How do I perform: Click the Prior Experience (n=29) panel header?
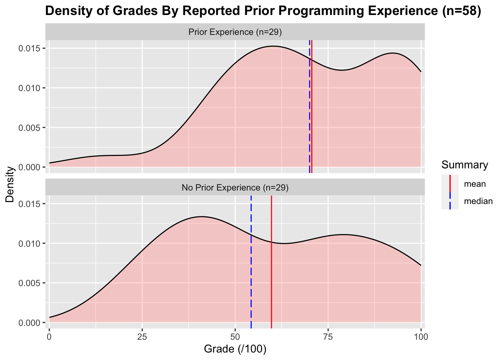(x=235, y=32)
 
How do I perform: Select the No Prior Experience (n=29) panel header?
(x=235, y=187)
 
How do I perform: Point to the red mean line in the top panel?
(x=312, y=112)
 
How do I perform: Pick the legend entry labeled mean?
(x=474, y=184)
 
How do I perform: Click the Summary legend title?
(x=465, y=165)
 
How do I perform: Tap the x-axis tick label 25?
(x=142, y=336)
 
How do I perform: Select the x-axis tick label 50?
(x=235, y=336)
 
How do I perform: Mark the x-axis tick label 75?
(x=328, y=336)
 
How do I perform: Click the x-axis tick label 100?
(x=420, y=336)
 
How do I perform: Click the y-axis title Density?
(x=10, y=184)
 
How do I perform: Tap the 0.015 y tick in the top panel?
(x=30, y=48)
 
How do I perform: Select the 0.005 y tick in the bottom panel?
(x=30, y=283)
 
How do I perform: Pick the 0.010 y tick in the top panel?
(x=30, y=88)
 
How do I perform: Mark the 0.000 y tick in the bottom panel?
(x=30, y=322)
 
